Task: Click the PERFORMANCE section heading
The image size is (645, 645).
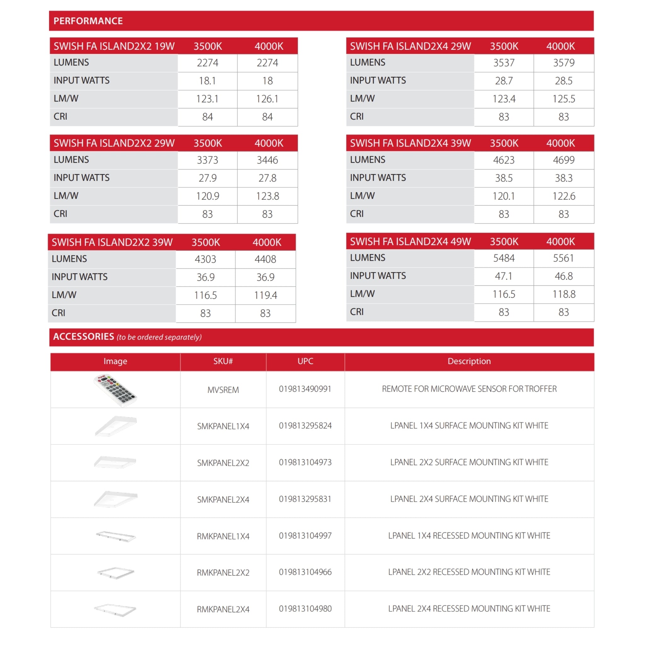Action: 88,21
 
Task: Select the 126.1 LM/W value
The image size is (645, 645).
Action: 267,99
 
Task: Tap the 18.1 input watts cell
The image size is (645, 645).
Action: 207,81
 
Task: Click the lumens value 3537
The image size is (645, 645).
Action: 504,63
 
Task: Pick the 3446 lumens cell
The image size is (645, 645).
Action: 267,160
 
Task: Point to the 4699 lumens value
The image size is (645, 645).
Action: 563,160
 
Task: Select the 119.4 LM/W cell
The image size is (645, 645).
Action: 265,295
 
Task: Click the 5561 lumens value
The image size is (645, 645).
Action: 563,258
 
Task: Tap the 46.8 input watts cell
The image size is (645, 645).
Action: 563,276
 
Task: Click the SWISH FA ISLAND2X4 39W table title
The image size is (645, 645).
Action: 410,143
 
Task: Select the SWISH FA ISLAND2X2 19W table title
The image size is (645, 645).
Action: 114,46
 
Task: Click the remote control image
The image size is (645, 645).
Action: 115,390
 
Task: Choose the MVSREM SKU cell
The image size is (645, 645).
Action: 223,390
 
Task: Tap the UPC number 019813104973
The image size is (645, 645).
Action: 305,462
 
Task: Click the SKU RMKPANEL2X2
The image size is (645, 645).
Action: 223,573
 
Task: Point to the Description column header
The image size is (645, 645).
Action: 469,361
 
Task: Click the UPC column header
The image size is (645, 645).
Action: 305,361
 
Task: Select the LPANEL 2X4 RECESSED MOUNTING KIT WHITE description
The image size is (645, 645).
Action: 469,608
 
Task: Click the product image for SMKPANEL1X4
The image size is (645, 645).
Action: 116,426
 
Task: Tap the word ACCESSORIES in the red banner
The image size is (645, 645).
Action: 83,337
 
